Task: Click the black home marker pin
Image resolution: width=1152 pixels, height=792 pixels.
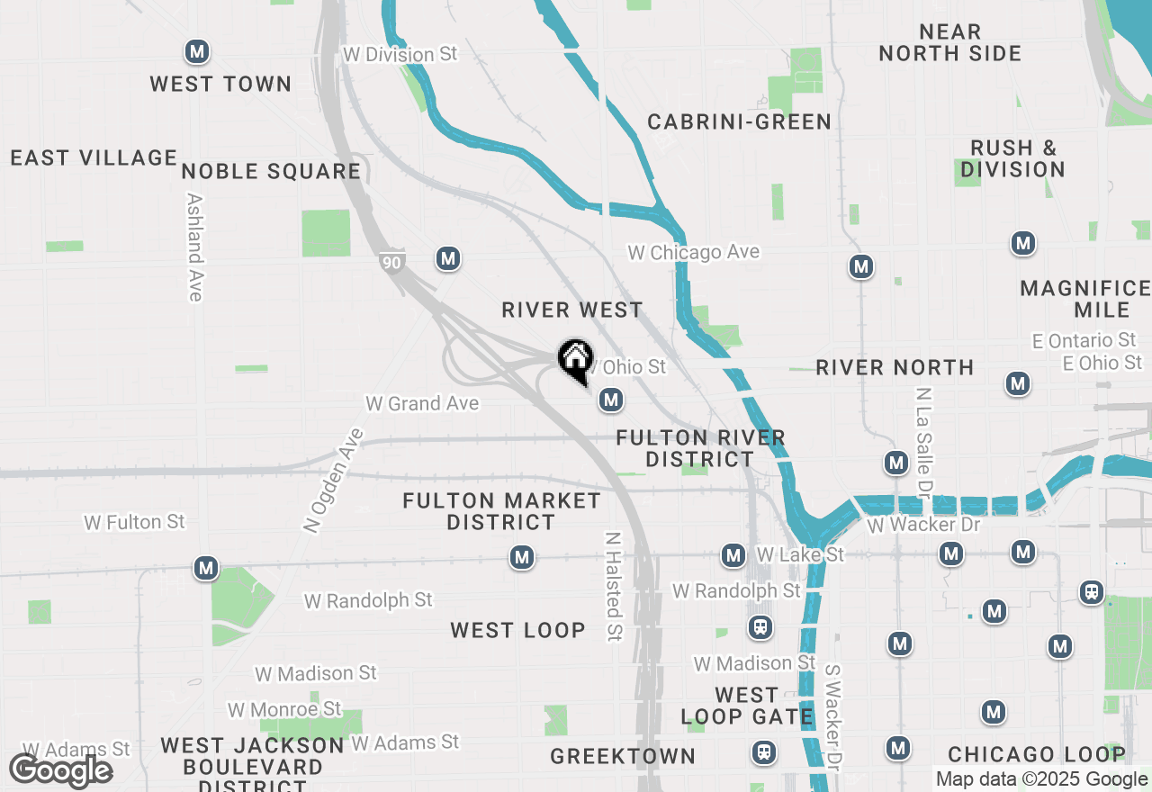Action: (575, 360)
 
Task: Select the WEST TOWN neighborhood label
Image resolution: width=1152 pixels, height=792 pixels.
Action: (220, 84)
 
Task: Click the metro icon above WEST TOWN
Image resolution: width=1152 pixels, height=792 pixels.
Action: (197, 51)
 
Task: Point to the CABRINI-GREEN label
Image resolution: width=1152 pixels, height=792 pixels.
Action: (739, 121)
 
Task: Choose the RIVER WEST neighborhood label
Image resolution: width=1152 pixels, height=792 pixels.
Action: (572, 310)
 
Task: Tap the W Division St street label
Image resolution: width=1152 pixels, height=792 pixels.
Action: (400, 55)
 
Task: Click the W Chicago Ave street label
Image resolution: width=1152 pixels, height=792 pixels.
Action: (694, 253)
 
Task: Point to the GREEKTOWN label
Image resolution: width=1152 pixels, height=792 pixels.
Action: (623, 756)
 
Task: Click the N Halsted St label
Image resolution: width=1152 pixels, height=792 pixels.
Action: (614, 585)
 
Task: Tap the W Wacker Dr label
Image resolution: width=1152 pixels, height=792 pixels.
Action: (924, 524)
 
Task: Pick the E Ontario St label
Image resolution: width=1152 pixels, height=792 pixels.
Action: (1084, 340)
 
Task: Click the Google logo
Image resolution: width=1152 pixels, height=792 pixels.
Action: (60, 771)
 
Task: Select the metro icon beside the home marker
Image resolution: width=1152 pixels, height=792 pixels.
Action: (611, 399)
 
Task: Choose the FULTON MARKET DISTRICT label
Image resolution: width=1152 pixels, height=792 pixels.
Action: (501, 511)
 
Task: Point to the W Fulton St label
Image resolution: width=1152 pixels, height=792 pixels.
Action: (134, 522)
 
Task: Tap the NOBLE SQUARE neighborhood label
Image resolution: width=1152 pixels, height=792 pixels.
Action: (271, 171)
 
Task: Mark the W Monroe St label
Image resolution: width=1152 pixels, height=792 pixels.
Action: (284, 709)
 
